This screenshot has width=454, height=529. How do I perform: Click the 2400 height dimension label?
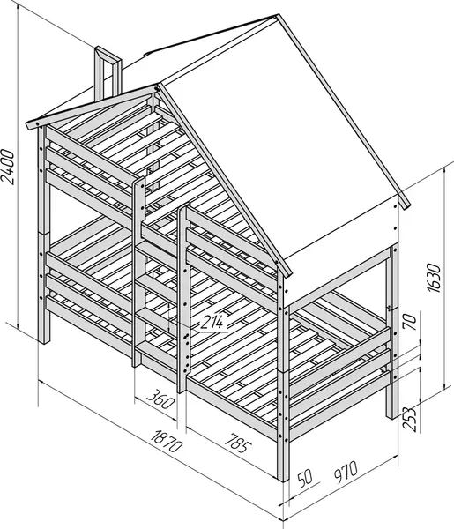point(9,167)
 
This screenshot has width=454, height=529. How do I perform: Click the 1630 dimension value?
point(434,278)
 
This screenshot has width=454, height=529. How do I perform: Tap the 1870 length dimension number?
point(167,441)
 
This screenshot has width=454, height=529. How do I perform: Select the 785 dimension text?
point(238,443)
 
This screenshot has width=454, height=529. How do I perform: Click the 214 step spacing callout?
point(212,322)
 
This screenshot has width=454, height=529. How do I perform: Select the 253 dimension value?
point(409,419)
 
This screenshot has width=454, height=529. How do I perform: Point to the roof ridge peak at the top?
point(278,16)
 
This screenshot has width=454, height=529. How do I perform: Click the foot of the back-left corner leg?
point(44,341)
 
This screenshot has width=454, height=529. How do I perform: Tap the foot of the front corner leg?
point(283,479)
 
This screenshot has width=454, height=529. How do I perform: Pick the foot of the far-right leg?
point(392,416)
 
